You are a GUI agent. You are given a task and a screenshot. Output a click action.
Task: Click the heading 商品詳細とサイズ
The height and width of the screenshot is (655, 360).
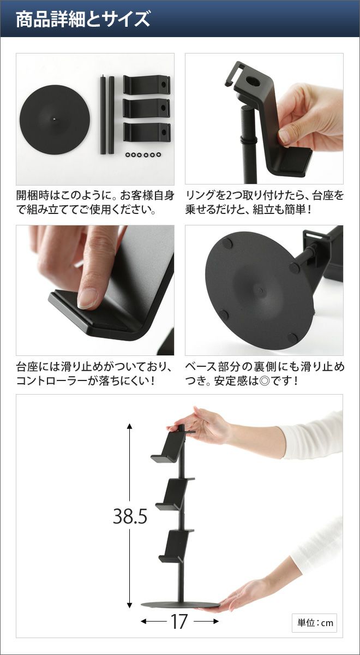tap(83, 19)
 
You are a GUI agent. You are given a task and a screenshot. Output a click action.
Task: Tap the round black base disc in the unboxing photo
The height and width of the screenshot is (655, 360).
tap(55, 119)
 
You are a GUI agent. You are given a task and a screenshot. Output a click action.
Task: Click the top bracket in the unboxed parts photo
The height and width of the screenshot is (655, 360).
tap(147, 85)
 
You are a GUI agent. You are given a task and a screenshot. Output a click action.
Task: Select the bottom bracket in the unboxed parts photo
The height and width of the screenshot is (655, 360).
tap(147, 132)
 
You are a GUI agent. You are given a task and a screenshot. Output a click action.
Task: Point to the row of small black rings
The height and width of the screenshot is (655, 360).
tap(142, 154)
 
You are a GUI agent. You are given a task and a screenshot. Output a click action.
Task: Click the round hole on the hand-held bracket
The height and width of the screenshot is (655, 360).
tap(253, 82)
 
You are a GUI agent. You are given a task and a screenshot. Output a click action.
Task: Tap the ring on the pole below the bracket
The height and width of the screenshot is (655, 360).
tap(248, 139)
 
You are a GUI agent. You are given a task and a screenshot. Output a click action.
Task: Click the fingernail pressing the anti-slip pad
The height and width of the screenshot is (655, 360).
tap(88, 298)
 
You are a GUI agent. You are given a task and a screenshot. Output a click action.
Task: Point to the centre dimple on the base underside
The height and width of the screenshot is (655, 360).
tap(260, 290)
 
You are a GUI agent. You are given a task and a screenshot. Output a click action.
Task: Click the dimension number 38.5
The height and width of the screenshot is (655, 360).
tap(130, 517)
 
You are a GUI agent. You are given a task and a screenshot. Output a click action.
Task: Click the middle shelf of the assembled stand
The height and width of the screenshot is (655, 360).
tap(175, 494)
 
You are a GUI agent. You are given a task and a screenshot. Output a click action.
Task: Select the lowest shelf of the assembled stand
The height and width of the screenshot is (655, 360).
tap(176, 545)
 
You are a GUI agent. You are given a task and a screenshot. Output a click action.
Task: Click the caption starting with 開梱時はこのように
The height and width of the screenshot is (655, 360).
tap(95, 203)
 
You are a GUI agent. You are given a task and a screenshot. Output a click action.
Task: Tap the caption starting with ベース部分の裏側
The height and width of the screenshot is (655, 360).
tap(265, 374)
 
